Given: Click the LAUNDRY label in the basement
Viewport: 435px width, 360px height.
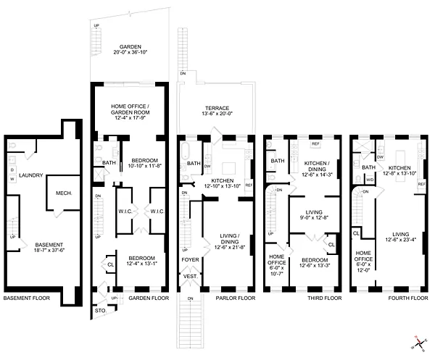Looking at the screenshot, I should coord(32,175).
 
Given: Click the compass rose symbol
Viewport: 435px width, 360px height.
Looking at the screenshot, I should coord(418,343).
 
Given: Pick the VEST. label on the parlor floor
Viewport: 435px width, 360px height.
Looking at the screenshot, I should coord(191,276).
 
